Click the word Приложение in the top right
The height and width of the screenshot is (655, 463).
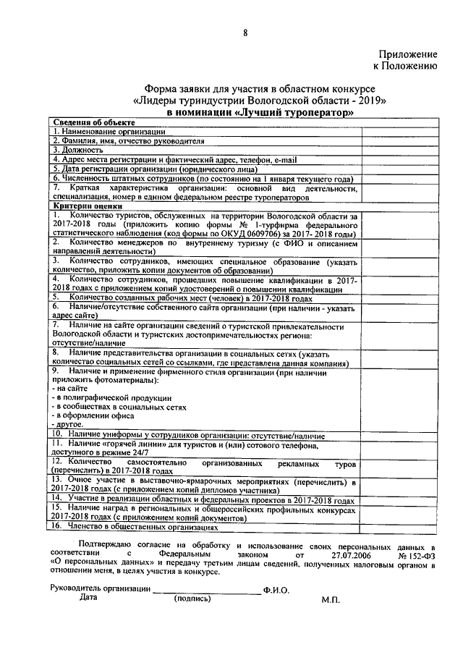[408, 54]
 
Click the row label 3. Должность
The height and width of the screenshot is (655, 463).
[77, 150]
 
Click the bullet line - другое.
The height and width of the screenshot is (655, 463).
[69, 426]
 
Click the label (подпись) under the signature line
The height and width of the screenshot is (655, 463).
[192, 599]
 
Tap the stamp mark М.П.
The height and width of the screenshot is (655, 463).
[331, 600]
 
